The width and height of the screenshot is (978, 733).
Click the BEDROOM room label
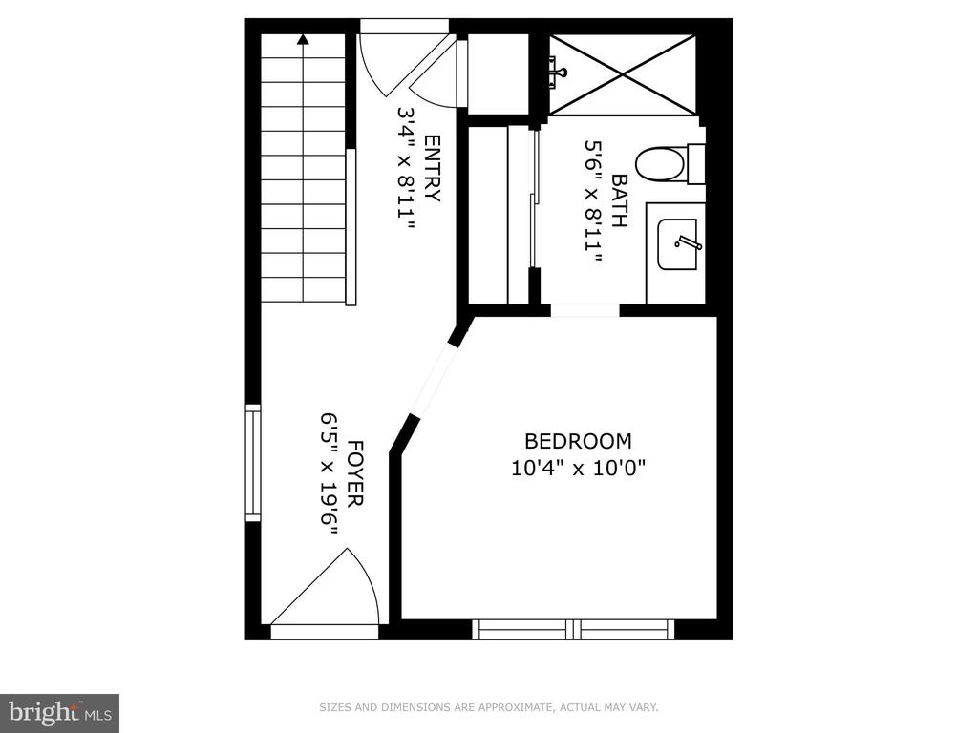point(578,441)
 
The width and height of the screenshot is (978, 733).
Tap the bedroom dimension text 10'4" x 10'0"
point(578,469)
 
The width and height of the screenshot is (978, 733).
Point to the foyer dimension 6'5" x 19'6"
point(330,473)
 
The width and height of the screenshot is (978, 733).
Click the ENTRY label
point(431,168)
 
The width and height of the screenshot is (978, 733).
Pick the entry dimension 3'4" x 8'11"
point(406,168)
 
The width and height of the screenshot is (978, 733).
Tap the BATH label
point(619,199)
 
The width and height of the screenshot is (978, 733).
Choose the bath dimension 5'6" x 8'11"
point(593,199)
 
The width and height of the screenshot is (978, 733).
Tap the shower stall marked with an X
point(622,74)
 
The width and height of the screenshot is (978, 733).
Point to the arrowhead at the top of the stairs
point(303,40)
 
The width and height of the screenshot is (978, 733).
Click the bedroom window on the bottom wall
point(573,629)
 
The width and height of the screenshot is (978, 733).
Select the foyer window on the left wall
point(253,462)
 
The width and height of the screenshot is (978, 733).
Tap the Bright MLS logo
point(59,712)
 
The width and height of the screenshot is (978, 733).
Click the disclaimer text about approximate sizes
point(488,707)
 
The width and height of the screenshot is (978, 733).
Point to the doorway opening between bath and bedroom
point(585,310)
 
